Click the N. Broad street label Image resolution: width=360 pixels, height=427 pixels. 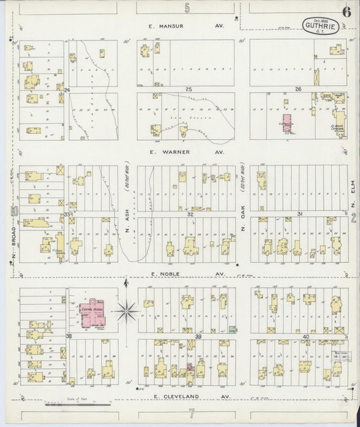pyautogui.click(x=12, y=247)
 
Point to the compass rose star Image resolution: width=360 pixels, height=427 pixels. pyautogui.click(x=126, y=311)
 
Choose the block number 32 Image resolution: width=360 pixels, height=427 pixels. pyautogui.click(x=191, y=214)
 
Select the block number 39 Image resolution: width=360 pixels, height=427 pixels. pyautogui.click(x=198, y=336)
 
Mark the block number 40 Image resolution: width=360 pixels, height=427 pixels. pyautogui.click(x=306, y=336)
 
